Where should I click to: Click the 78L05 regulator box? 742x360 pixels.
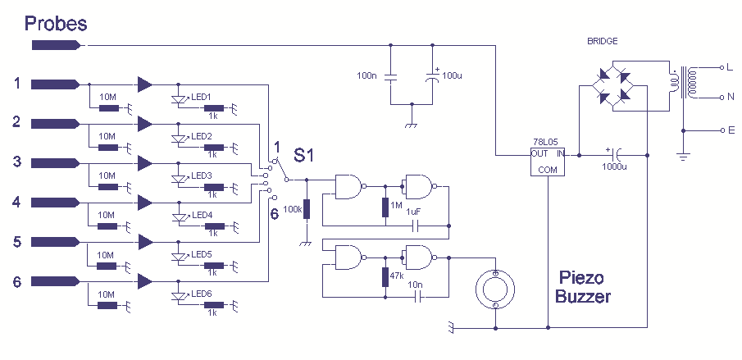[548, 161]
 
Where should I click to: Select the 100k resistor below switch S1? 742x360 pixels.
[307, 209]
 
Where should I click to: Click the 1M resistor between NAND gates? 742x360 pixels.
[385, 207]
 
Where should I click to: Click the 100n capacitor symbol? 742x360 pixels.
[390, 78]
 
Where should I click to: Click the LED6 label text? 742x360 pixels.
[202, 294]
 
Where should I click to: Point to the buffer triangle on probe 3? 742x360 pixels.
[145, 163]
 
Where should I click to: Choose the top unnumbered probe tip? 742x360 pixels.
[56, 45]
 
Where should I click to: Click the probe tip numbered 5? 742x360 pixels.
[55, 242]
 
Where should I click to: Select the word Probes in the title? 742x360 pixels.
[56, 23]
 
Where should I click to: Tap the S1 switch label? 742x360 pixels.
[303, 155]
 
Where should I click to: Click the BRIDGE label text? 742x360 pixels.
[602, 41]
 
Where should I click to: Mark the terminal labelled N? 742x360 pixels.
[722, 98]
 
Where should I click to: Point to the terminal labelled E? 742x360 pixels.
[722, 130]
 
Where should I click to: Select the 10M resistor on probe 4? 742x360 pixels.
[107, 226]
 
